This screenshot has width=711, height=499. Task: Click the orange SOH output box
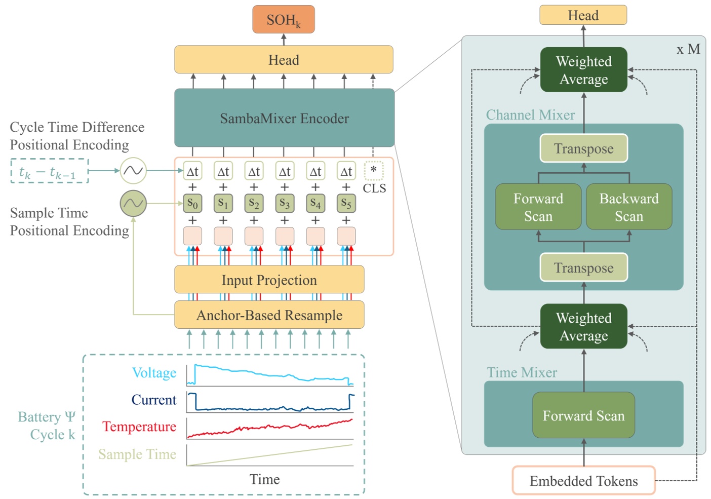pyautogui.click(x=284, y=20)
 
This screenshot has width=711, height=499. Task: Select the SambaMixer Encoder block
pyautogui.click(x=284, y=118)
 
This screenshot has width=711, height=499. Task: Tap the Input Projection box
pyautogui.click(x=269, y=280)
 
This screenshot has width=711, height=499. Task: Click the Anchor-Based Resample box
pyautogui.click(x=269, y=315)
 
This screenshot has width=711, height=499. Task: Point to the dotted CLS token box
pyautogui.click(x=374, y=171)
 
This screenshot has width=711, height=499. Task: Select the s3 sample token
pyautogui.click(x=285, y=203)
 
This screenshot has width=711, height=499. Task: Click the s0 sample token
pyautogui.click(x=192, y=203)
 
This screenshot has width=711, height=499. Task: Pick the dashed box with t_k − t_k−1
pyautogui.click(x=49, y=171)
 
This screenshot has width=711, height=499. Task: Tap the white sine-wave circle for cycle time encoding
pyautogui.click(x=133, y=171)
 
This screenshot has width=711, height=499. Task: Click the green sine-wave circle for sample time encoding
pyautogui.click(x=133, y=204)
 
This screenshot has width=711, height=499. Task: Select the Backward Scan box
pyautogui.click(x=629, y=207)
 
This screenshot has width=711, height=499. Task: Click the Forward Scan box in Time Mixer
pyautogui.click(x=583, y=415)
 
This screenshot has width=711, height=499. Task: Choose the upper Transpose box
pyautogui.click(x=583, y=148)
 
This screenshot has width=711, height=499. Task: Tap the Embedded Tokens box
pyautogui.click(x=583, y=480)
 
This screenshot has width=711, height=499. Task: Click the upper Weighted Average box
pyautogui.click(x=583, y=70)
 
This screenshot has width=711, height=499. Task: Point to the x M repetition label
pyautogui.click(x=688, y=49)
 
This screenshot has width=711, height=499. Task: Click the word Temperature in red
pyautogui.click(x=139, y=427)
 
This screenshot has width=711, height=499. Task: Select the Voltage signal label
pyautogui.click(x=154, y=373)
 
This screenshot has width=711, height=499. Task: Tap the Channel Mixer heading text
pyautogui.click(x=530, y=115)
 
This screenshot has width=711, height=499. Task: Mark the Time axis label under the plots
pyautogui.click(x=264, y=479)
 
